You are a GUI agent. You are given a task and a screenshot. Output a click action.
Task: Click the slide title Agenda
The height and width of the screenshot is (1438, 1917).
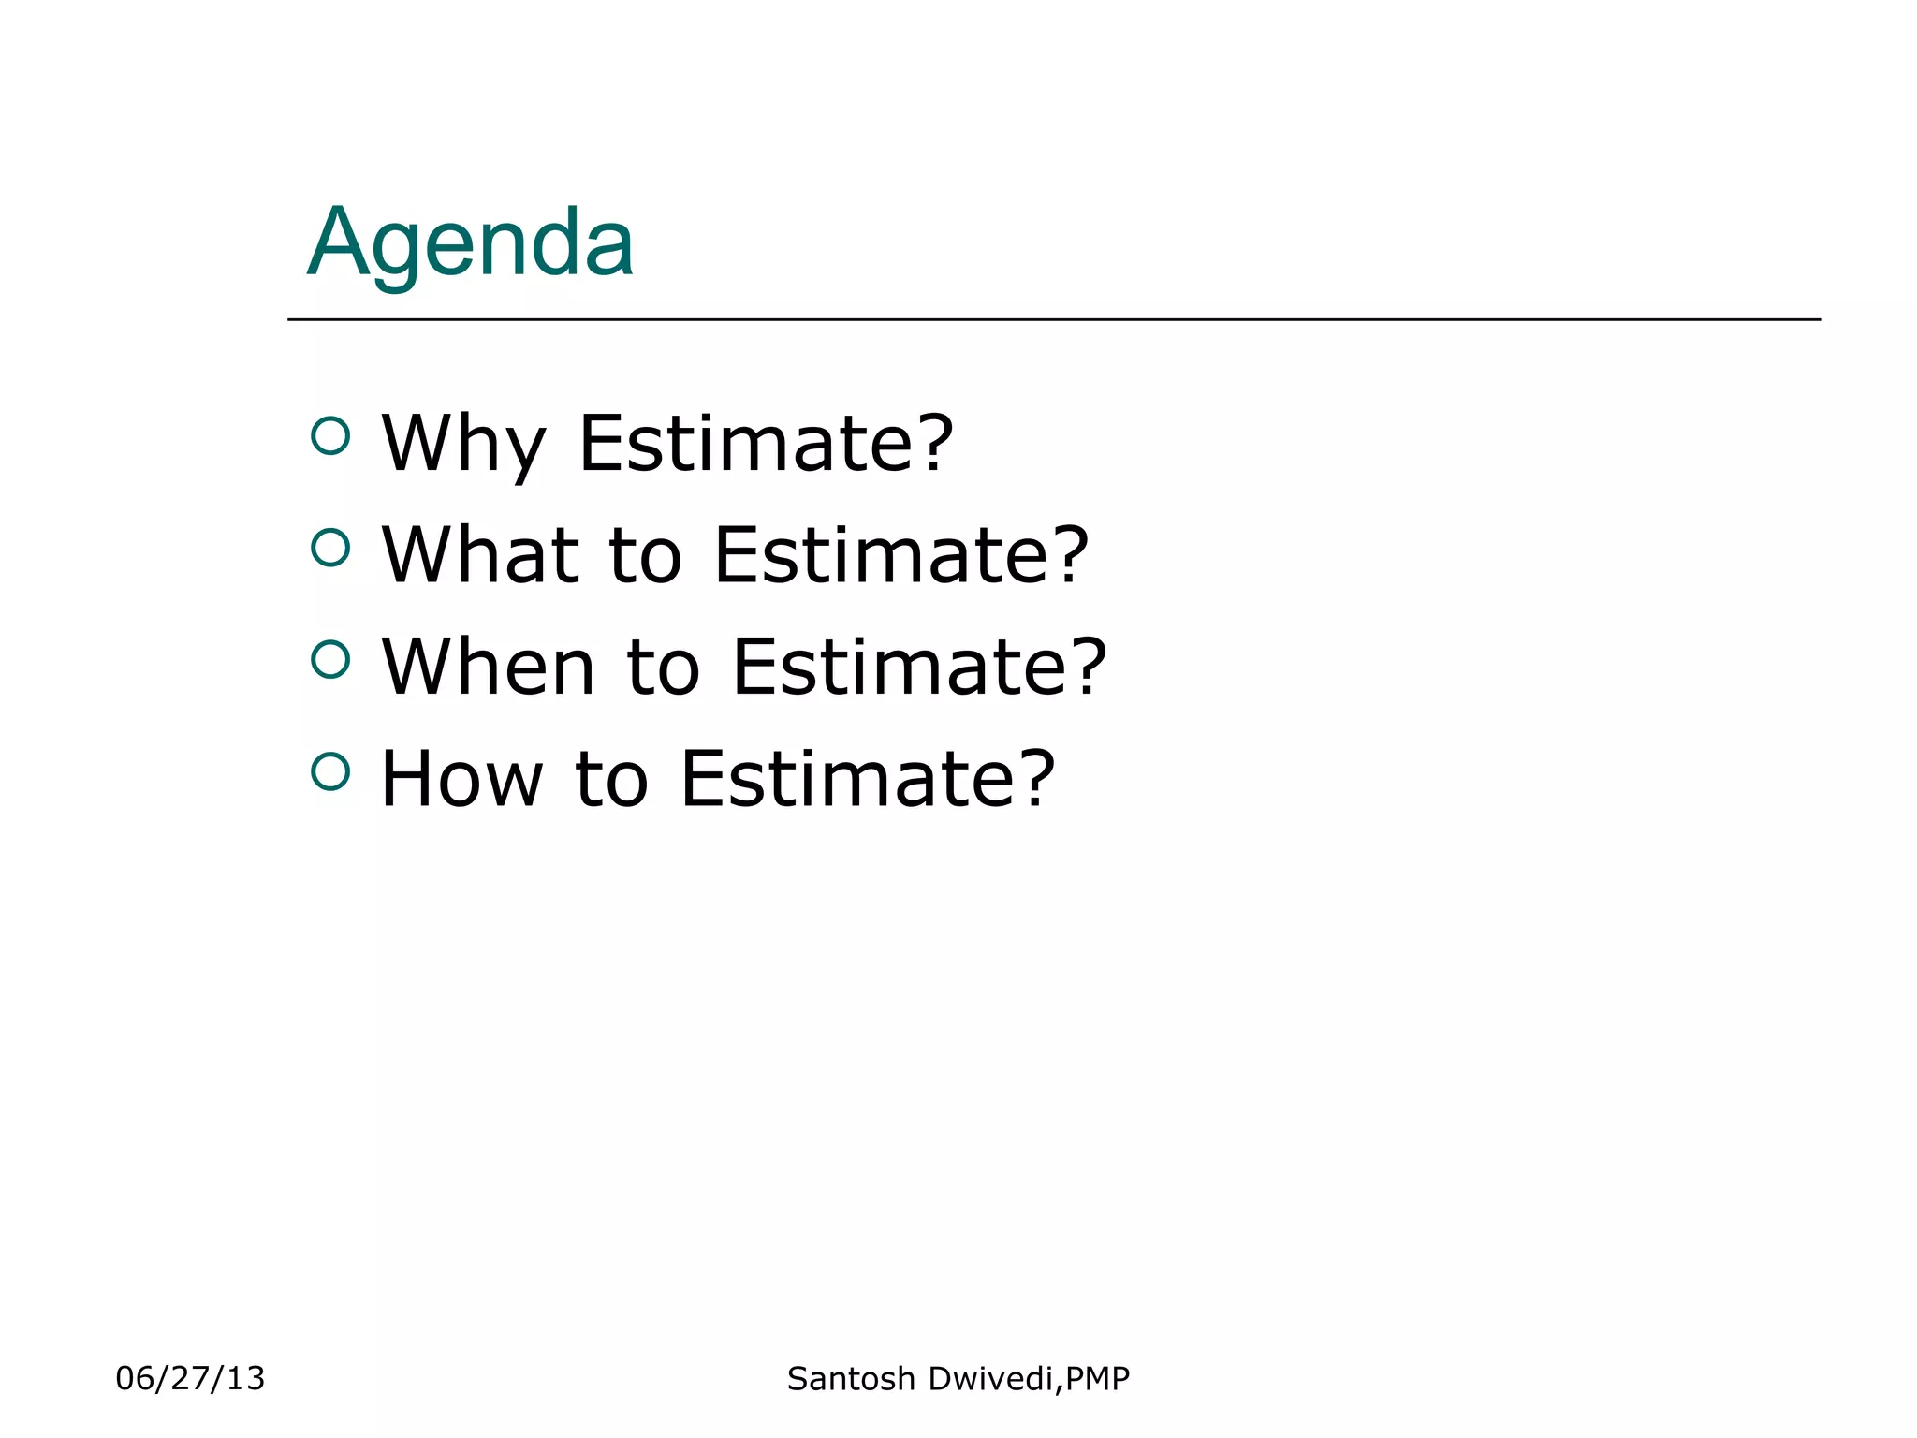pos(471,242)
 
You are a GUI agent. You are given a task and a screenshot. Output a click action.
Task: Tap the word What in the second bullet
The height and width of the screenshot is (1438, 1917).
pos(480,555)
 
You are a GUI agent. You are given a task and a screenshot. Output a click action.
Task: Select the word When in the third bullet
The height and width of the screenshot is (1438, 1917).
pos(488,667)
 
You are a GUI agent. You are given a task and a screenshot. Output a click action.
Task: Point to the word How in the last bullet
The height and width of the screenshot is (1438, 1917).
pos(461,779)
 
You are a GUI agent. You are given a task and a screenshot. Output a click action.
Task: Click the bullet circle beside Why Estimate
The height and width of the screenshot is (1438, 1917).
pos(330,435)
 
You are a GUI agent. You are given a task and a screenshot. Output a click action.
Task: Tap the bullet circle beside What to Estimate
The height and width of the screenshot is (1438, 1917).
pos(330,548)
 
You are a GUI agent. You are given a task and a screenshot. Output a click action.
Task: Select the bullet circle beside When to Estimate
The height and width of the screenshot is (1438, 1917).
pos(330,659)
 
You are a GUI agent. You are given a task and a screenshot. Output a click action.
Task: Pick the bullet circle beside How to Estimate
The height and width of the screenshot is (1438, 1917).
pos(330,771)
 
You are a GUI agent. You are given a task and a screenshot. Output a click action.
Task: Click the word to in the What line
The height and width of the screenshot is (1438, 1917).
pos(646,555)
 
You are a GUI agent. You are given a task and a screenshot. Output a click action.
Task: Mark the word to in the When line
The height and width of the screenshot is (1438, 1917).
pos(663,667)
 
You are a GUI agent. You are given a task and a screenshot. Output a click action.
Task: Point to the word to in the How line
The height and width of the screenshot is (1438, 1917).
pos(611,779)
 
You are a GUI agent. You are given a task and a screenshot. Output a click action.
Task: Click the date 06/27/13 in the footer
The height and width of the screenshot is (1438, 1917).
pos(190,1378)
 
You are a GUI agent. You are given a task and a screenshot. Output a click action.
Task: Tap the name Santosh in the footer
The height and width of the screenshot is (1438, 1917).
pos(851,1379)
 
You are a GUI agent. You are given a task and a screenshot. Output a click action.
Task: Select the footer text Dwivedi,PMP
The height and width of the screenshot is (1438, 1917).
pos(1030,1379)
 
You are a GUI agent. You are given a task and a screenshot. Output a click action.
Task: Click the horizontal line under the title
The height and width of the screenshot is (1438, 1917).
pos(1053,319)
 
